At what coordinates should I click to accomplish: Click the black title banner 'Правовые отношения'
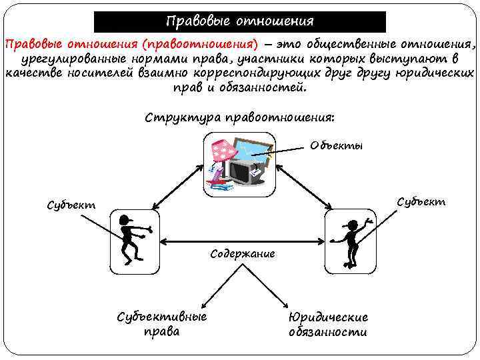point(239,21)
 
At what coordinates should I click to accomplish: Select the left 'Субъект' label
point(71,205)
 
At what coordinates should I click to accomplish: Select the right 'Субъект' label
point(421,201)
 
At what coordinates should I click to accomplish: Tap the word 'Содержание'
point(243,254)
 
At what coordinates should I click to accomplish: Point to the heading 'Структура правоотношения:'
point(239,118)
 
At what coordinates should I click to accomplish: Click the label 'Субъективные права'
point(162,323)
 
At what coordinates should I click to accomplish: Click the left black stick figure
point(131,240)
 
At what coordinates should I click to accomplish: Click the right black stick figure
point(349,240)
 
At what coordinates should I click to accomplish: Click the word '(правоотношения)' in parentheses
point(194,45)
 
